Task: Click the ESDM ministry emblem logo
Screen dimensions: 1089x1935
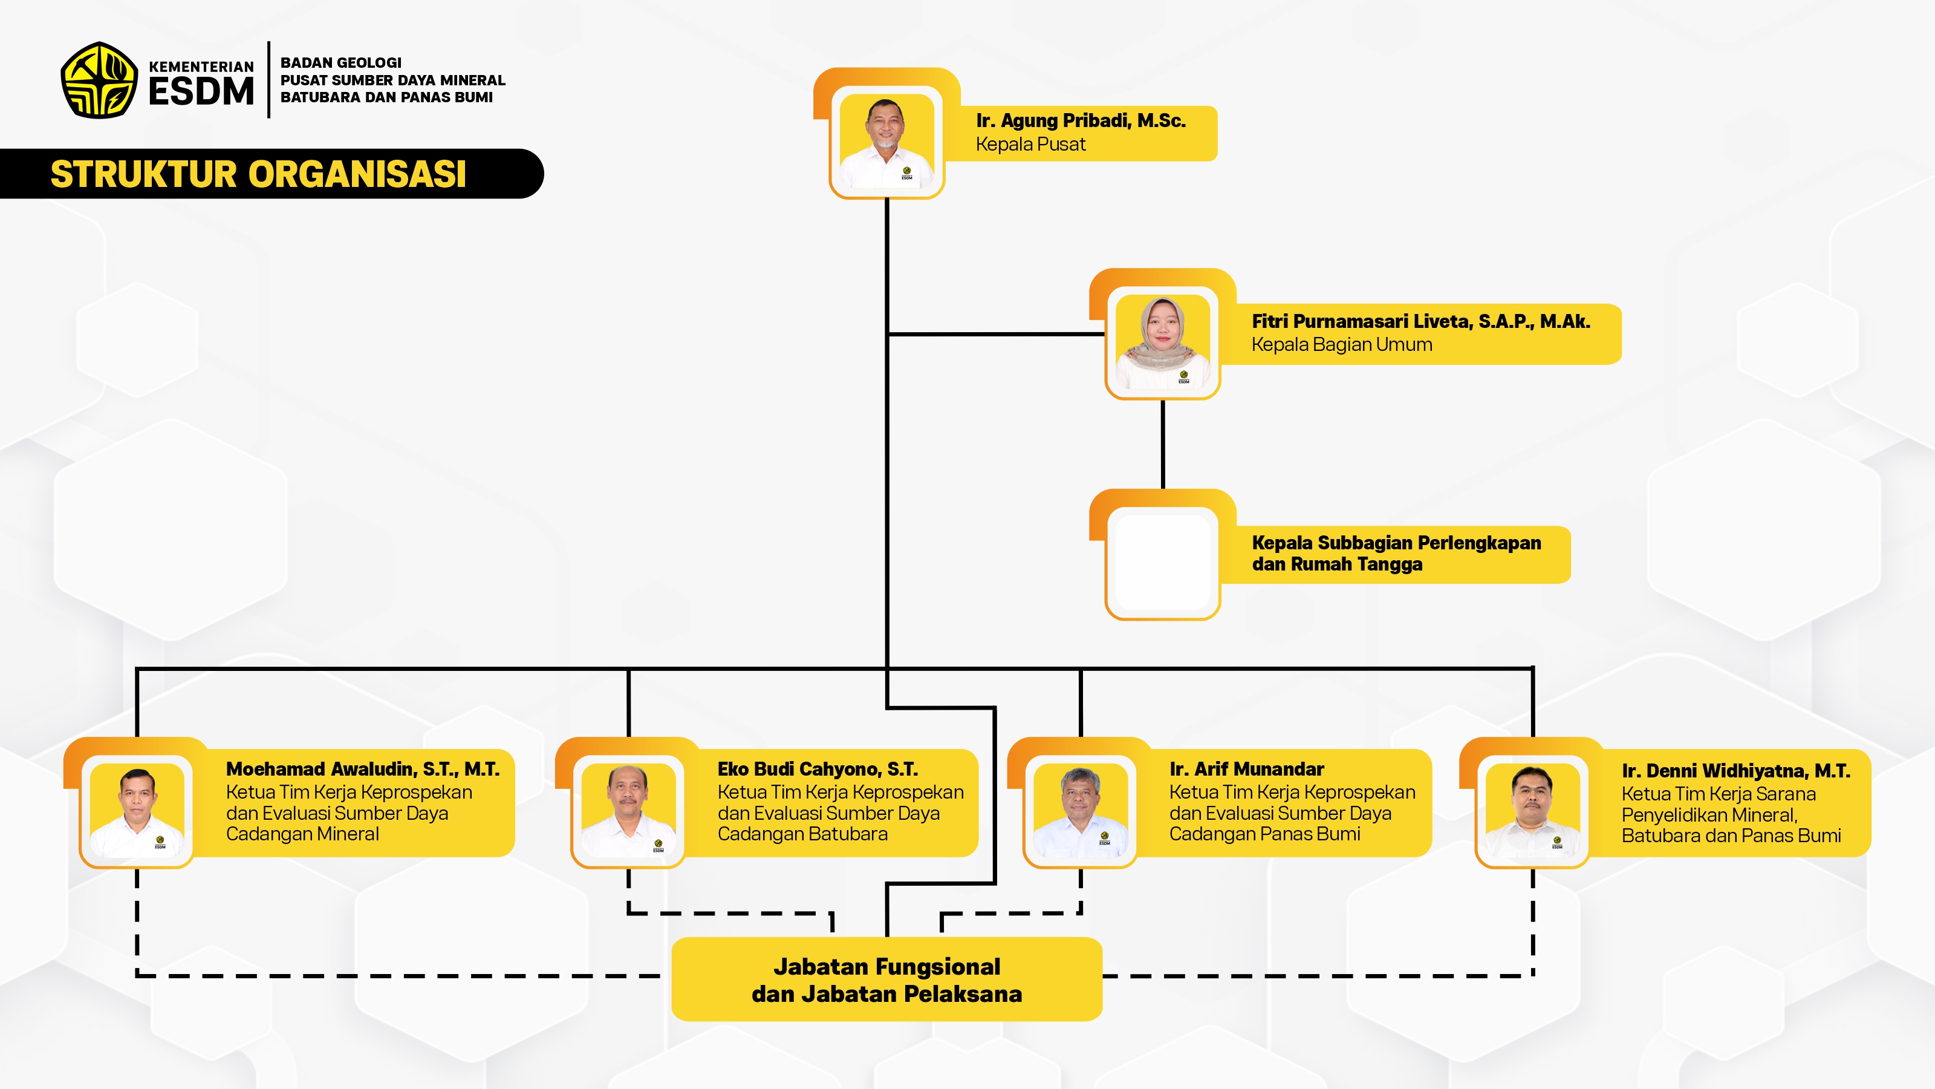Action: click(x=99, y=80)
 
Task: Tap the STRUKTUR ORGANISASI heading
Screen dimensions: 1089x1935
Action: click(x=258, y=174)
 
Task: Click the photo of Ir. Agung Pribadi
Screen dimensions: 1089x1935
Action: click(x=886, y=142)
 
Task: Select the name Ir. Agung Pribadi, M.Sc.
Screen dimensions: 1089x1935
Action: click(x=1080, y=120)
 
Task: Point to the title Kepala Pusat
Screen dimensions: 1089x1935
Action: click(x=1030, y=145)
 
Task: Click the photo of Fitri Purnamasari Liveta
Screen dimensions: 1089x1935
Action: click(x=1162, y=342)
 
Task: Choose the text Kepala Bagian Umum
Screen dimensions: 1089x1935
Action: click(x=1342, y=345)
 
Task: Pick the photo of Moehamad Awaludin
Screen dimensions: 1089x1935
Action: click(x=137, y=810)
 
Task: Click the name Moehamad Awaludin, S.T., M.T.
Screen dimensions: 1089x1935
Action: click(x=362, y=769)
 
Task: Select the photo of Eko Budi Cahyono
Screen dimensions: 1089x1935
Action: click(x=628, y=810)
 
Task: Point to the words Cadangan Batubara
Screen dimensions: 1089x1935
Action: click(x=802, y=834)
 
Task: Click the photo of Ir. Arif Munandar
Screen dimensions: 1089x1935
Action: click(x=1080, y=810)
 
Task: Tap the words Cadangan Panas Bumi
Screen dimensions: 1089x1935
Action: click(x=1264, y=834)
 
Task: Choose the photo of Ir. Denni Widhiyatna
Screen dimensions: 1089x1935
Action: click(x=1532, y=810)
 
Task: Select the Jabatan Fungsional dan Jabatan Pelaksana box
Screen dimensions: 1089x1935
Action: click(x=886, y=979)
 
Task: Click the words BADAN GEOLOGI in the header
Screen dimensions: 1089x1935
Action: click(x=340, y=62)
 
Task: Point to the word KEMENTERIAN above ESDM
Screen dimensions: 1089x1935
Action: click(x=201, y=67)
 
